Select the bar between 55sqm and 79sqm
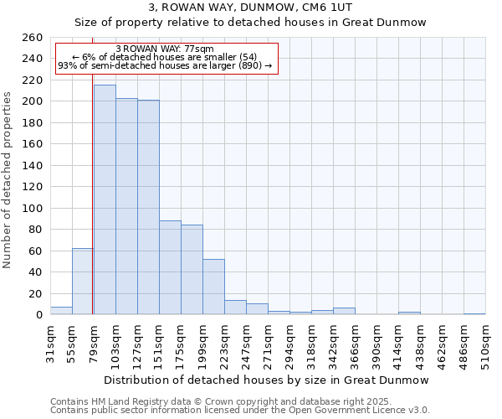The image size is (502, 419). tap(82, 282)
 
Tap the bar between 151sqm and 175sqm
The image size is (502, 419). tap(170, 267)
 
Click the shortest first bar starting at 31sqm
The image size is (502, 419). tap(61, 311)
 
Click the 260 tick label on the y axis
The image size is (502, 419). tap(32, 38)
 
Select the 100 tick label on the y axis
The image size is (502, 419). tap(32, 209)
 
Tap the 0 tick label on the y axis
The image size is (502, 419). tap(38, 315)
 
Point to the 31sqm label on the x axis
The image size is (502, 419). tap(50, 344)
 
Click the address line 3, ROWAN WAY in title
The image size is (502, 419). tap(250, 8)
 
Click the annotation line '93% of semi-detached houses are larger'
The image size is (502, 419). tap(165, 65)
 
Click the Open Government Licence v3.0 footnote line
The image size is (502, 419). tap(239, 411)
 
